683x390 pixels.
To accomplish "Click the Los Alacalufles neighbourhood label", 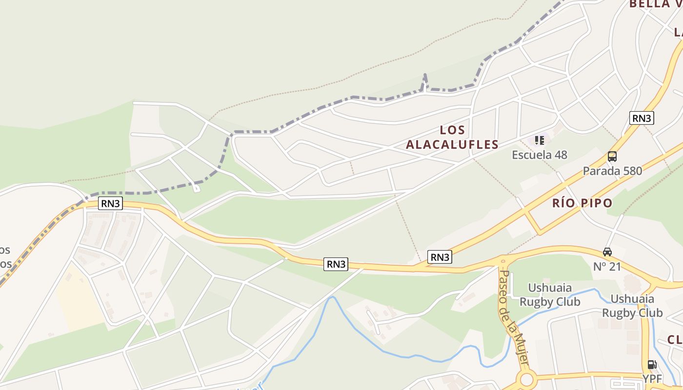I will [x=452, y=137].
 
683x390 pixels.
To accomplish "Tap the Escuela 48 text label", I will [x=539, y=155].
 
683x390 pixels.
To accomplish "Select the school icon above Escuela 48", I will [x=539, y=141].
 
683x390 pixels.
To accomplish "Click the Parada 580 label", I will [x=612, y=171].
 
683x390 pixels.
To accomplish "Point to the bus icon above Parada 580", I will [x=612, y=156].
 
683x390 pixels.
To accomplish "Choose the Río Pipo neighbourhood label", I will [x=582, y=203].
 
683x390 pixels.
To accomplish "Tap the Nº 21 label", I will [x=607, y=267].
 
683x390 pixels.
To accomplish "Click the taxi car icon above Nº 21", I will [x=607, y=252].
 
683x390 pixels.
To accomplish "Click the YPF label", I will [x=652, y=379].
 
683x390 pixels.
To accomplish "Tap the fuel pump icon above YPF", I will [x=651, y=365].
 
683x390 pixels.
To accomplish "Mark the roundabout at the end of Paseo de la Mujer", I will [x=526, y=379].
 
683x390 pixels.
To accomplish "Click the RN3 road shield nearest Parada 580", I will [x=641, y=118].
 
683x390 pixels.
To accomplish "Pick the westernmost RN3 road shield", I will [x=110, y=203].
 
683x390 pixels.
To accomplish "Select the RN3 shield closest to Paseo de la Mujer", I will [x=439, y=257].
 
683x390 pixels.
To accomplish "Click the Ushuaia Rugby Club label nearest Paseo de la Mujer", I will [x=550, y=294].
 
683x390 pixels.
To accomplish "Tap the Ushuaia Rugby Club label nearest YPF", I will [x=632, y=306].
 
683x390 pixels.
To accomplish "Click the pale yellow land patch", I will [x=78, y=297].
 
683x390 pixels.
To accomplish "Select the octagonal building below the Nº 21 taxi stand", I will [x=631, y=283].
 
